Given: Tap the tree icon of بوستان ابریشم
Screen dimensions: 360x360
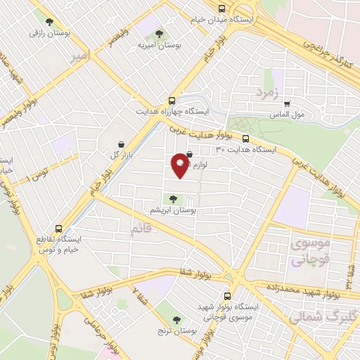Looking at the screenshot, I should coord(173,200).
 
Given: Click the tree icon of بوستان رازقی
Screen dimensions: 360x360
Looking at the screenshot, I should coord(48,21).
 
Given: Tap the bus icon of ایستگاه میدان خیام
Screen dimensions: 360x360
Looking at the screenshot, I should coord(222,9).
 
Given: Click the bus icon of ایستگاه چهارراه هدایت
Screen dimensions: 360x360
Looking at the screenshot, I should coord(172,101).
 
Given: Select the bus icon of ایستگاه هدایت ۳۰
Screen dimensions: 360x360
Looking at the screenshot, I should coord(246,139).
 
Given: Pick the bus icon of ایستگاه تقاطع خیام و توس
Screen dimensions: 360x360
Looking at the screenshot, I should coord(58,229).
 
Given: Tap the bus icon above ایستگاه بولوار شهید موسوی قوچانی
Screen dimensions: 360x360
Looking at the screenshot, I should coord(227,297).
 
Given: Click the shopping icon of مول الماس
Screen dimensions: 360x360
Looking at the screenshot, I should coord(286,104).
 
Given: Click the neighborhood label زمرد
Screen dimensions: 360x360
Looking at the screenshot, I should coord(268,93).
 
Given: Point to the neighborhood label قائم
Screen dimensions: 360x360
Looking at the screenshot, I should coord(141,229).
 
